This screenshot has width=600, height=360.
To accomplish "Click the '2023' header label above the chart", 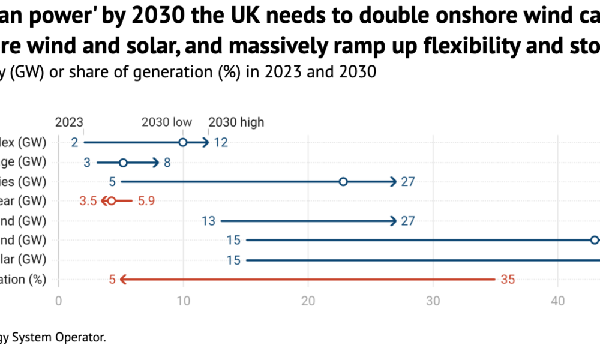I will click(70, 122).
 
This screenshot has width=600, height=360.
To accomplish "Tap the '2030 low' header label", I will click(167, 122).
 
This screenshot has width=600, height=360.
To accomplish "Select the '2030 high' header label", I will click(236, 122).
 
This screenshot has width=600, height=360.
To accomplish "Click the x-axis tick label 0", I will click(59, 301).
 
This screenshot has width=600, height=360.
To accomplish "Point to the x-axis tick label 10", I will click(184, 301).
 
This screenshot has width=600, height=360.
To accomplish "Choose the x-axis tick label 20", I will click(308, 301).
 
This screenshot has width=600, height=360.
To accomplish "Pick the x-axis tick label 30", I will click(433, 301).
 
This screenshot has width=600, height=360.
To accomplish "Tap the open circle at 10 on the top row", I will click(183, 142).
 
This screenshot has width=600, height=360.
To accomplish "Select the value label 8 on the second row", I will click(167, 162).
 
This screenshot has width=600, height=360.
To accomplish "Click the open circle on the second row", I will click(123, 162).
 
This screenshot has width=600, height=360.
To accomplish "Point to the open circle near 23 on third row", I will click(343, 181).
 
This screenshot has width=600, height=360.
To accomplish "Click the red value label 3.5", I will click(88, 201).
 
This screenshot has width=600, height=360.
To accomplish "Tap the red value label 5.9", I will click(146, 201).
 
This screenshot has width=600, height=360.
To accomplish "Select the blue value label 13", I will click(208, 221).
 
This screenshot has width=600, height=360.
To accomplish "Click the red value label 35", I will click(508, 279).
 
